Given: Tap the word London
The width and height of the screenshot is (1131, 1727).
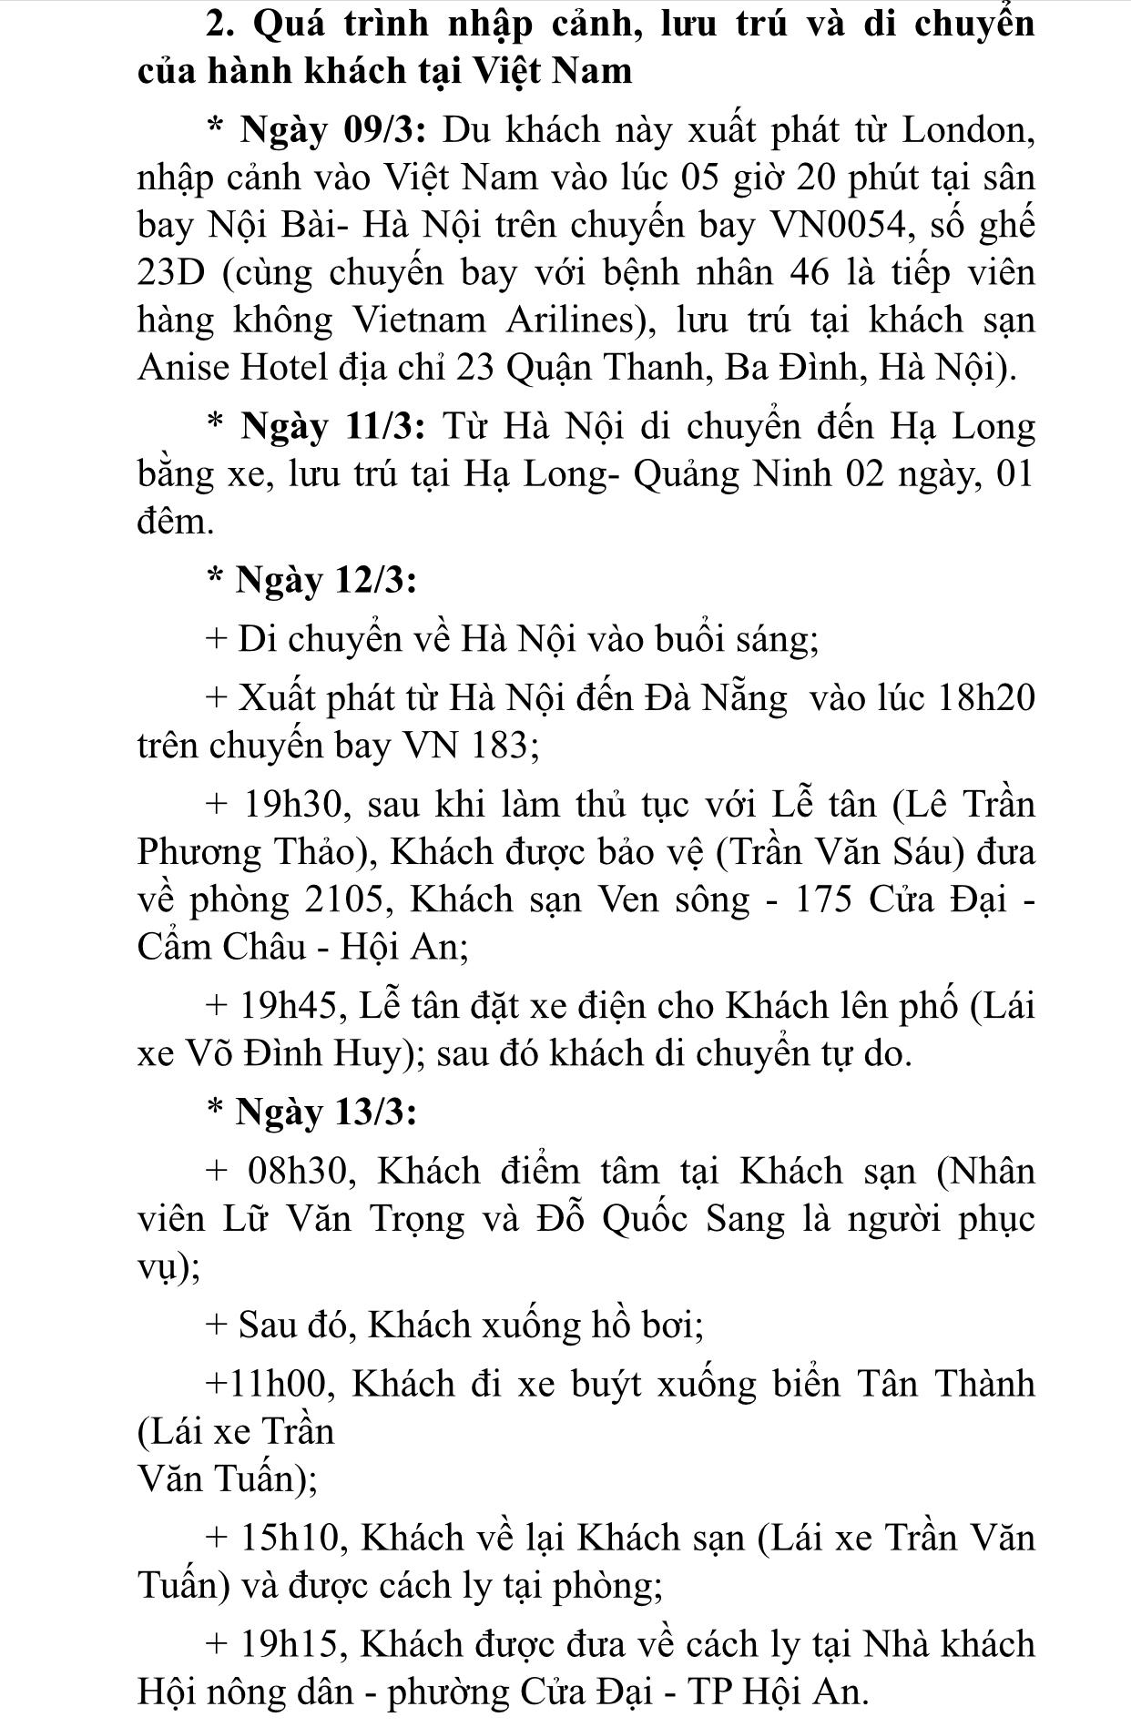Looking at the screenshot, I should tap(966, 131).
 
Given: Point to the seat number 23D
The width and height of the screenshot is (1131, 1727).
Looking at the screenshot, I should tap(174, 273).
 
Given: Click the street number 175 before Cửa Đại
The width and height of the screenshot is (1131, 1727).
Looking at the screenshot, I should tap(824, 899).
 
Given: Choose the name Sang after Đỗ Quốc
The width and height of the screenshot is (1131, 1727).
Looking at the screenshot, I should tap(745, 1218).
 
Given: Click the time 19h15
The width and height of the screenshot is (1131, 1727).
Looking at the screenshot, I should tap(292, 1644).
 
